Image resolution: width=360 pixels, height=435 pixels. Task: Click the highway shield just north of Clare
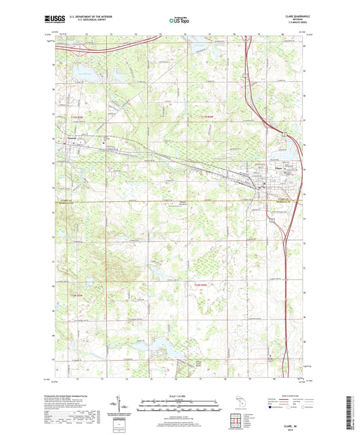pos(286,135)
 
